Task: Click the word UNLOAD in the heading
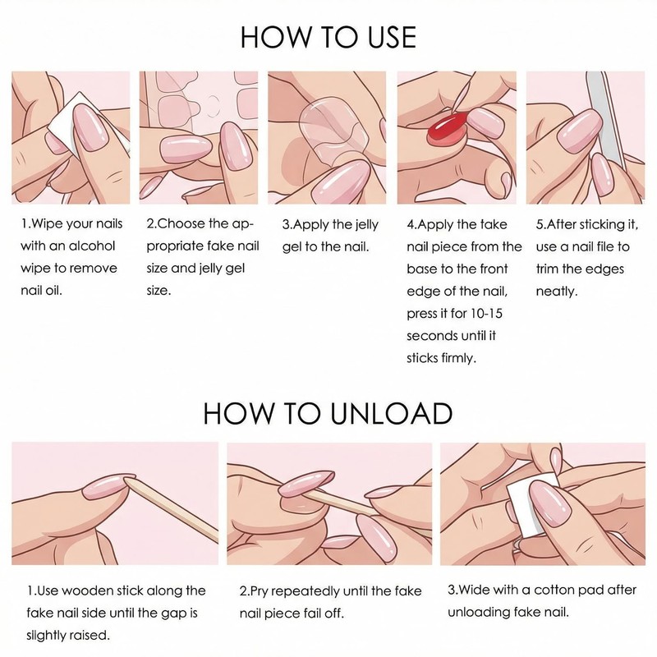pos(391,413)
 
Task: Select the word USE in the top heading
pos(392,37)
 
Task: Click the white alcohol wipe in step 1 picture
pos(63,122)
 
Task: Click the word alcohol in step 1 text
pos(91,246)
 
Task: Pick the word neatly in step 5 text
pos(557,292)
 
